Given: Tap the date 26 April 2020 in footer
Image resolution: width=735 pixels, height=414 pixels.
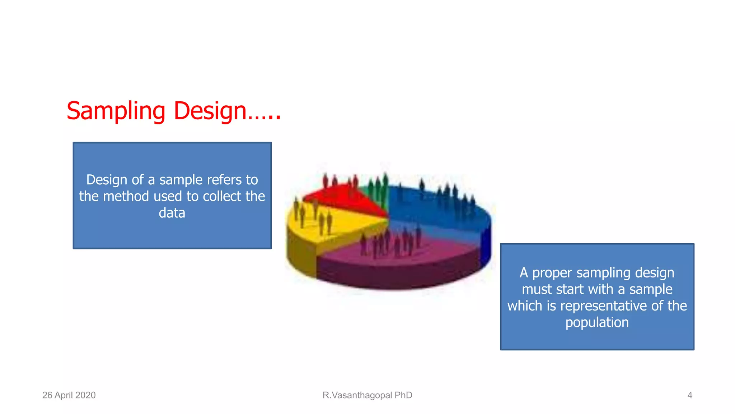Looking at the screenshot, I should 69,395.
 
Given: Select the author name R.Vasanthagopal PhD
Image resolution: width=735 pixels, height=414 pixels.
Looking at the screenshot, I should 367,395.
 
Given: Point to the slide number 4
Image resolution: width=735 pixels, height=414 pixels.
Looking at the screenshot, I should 689,395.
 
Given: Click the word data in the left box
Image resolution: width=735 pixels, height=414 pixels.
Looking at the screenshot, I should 172,213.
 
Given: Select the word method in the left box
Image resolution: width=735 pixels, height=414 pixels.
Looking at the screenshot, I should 126,196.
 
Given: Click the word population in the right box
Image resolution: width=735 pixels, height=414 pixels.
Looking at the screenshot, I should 597,322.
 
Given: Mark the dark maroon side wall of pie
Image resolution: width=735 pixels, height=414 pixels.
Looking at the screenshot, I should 395,277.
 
